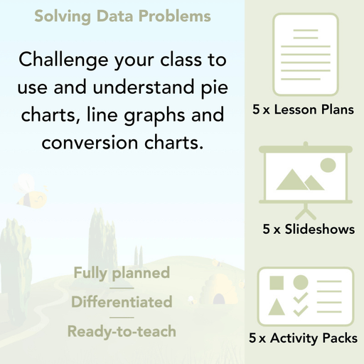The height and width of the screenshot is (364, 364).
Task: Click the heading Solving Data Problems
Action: [122, 16]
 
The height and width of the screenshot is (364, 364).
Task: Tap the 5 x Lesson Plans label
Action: [303, 110]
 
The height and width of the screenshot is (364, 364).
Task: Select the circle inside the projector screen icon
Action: [328, 166]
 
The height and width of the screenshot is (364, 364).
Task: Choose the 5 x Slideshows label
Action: [308, 230]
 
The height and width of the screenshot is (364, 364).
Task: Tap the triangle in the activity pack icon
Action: [277, 308]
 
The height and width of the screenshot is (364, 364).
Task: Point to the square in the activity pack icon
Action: [277, 282]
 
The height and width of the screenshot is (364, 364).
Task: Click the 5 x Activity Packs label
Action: [304, 339]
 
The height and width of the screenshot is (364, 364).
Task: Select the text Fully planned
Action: [122, 273]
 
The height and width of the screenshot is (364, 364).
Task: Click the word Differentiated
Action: [122, 302]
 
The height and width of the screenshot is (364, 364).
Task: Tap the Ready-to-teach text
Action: [122, 331]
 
